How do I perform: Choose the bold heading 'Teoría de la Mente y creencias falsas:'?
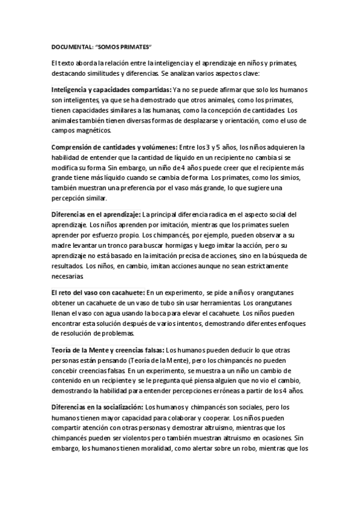pos(108,348)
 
